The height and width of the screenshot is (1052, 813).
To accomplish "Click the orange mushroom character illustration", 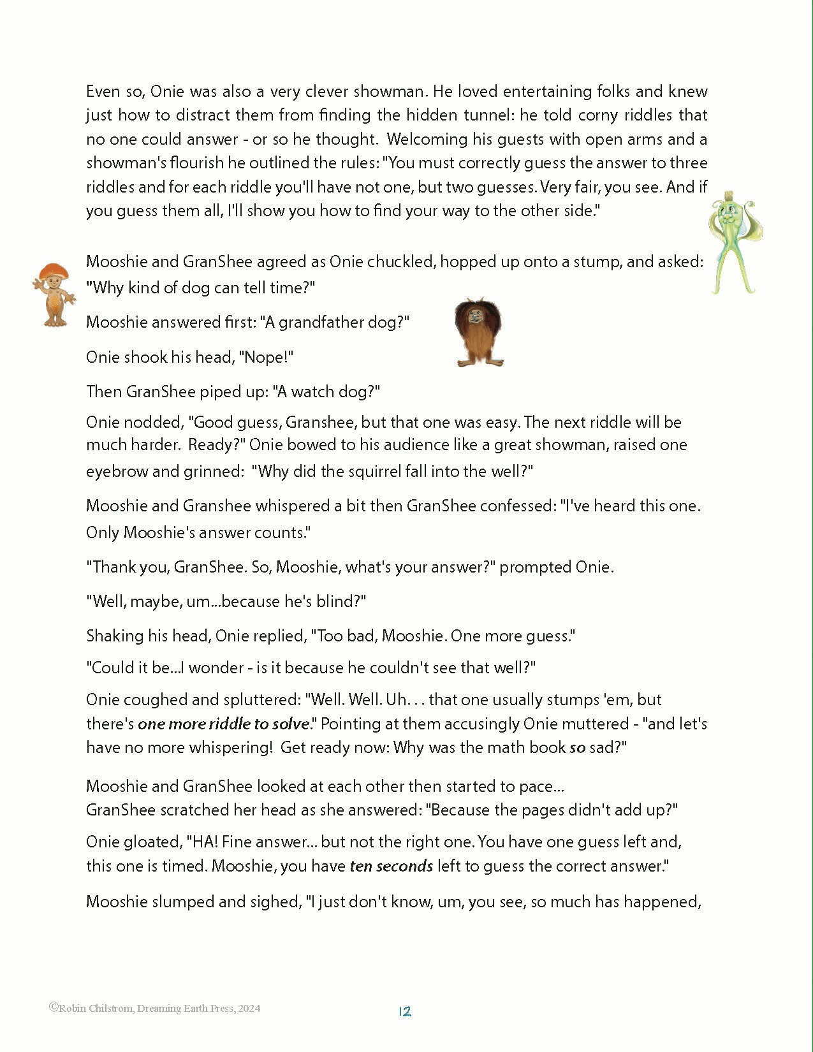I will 54,294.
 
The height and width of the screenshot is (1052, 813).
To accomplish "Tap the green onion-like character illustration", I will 735,245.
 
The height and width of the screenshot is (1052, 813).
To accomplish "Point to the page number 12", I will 405,1011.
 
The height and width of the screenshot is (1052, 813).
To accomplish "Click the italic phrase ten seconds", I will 391,866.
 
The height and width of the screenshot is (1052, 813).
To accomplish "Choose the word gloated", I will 152,842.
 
